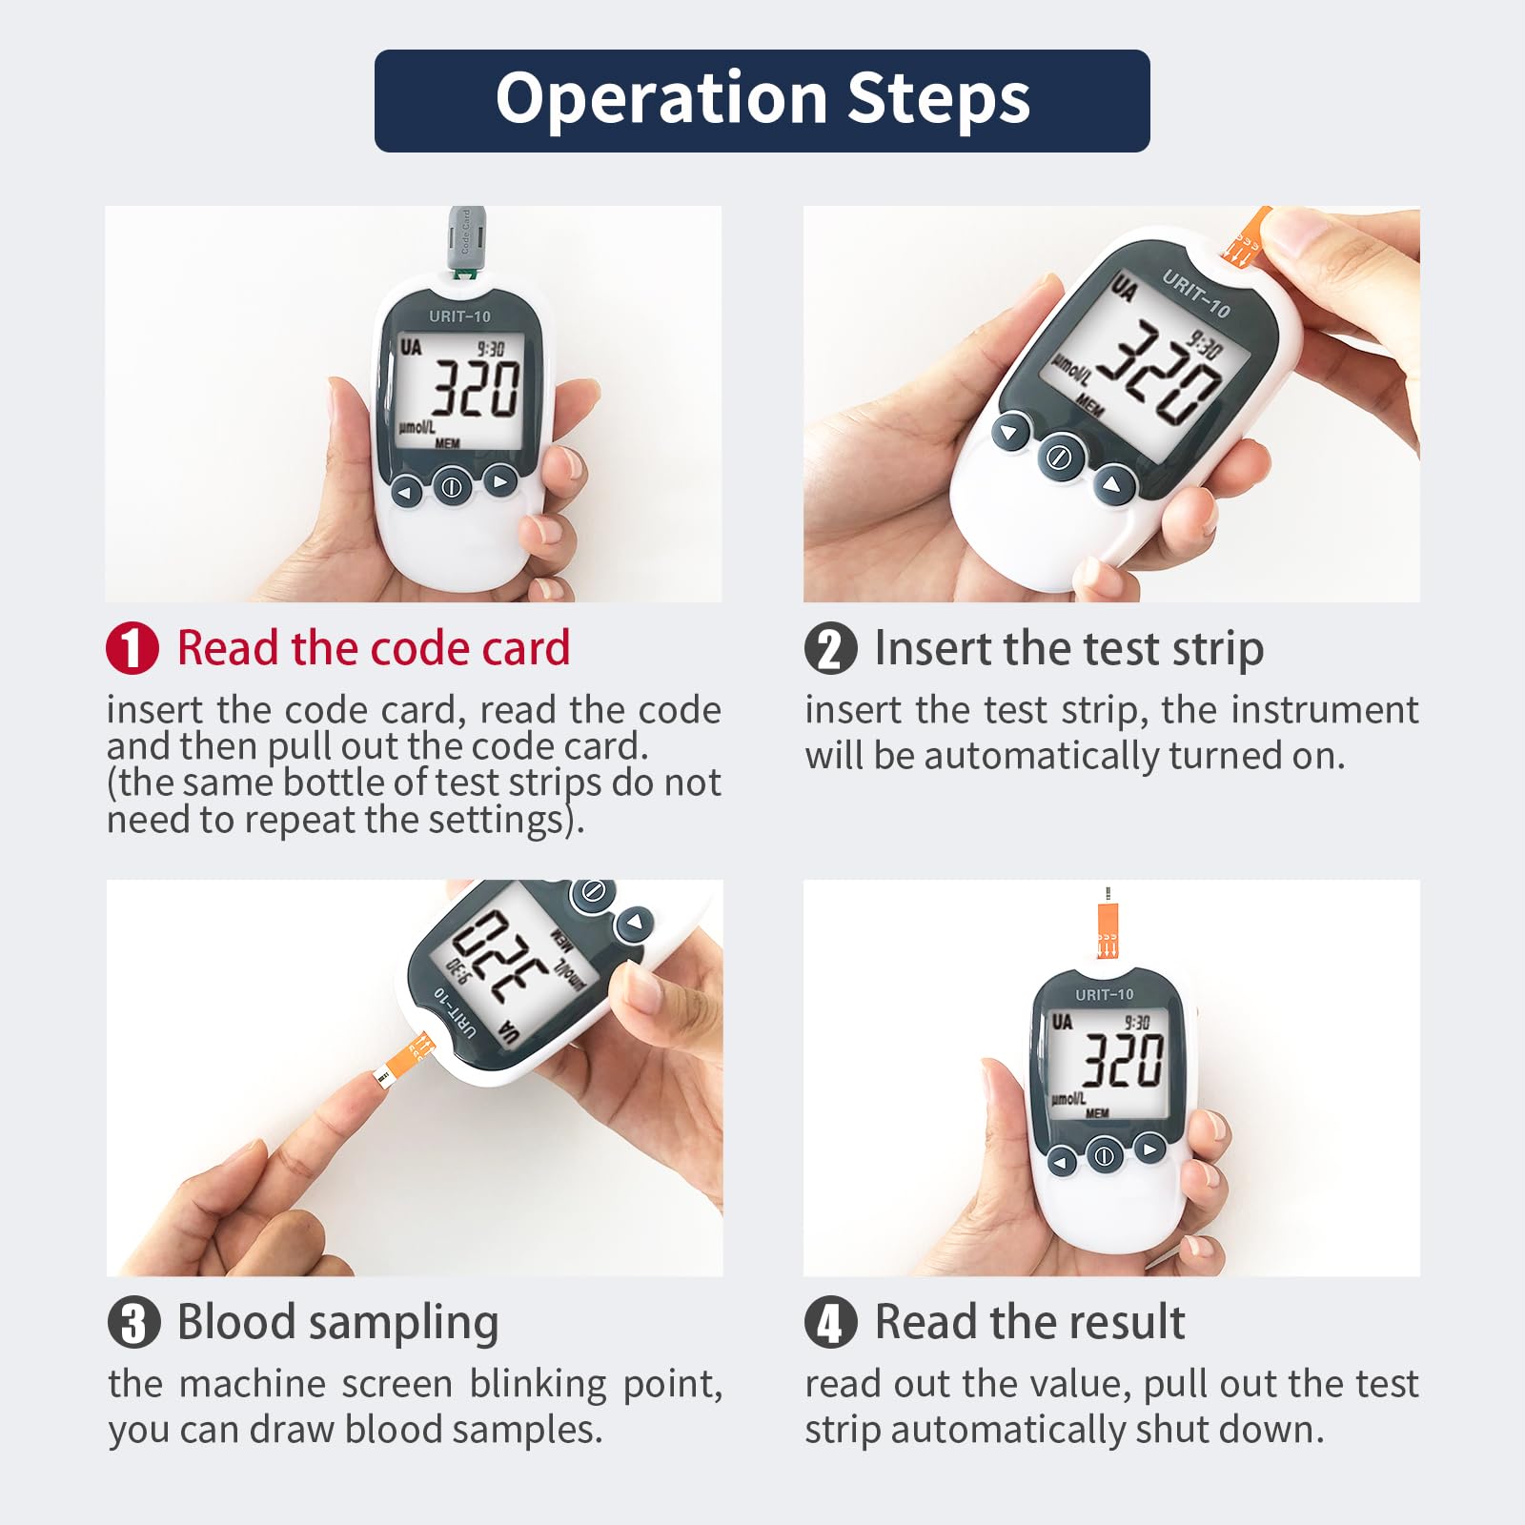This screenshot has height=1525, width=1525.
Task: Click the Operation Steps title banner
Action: click(762, 101)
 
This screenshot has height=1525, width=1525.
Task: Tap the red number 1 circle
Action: click(132, 648)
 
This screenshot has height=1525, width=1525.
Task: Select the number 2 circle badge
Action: click(831, 648)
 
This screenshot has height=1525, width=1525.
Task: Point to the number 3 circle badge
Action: click(133, 1323)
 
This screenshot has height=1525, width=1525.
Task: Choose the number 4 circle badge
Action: click(831, 1323)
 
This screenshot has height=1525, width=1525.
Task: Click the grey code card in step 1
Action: click(466, 238)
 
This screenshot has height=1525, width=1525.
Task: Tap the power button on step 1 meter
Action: click(452, 487)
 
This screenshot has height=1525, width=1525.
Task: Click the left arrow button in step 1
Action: click(406, 493)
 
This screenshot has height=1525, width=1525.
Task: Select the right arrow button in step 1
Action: click(499, 481)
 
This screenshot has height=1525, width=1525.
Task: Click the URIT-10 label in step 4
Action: click(1105, 995)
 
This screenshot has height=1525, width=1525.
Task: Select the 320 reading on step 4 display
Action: click(1124, 1060)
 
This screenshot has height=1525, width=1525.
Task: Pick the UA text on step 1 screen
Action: click(411, 347)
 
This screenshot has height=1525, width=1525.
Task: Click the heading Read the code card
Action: click(374, 648)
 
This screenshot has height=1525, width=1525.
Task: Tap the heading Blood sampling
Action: click(338, 1323)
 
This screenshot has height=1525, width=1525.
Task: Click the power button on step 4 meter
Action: click(1104, 1157)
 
